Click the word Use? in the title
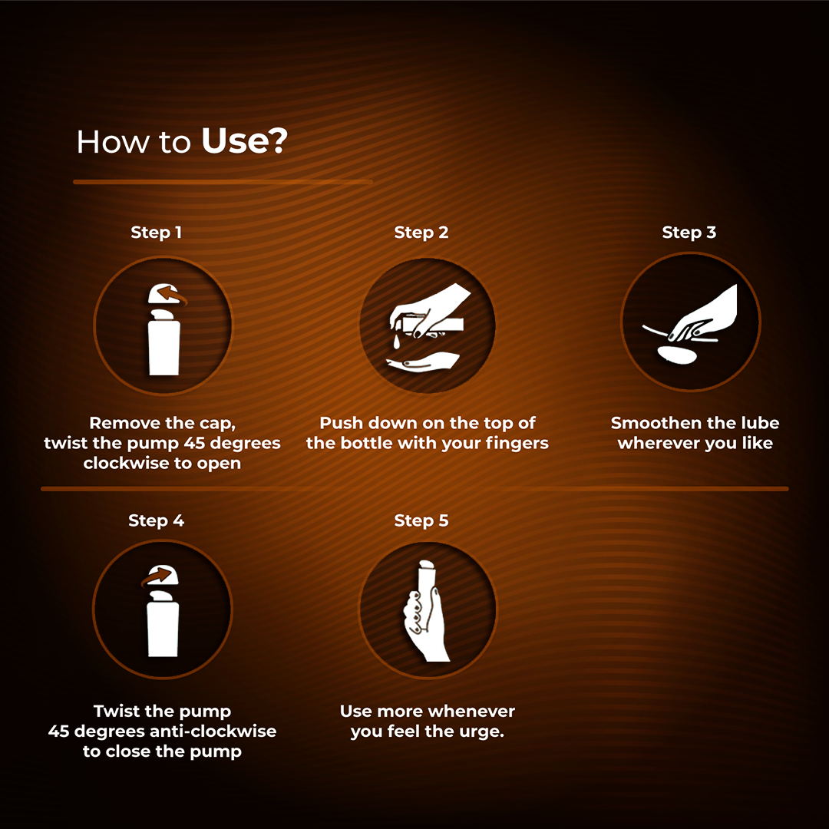244,142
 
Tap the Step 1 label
157,232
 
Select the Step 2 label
421,232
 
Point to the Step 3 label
689,232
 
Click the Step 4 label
157,520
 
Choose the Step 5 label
421,520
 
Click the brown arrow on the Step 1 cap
172,295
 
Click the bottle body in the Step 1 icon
164,349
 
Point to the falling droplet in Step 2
396,341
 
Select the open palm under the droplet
423,362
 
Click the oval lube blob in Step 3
677,355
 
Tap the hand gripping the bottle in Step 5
425,626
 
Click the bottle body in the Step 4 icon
163,631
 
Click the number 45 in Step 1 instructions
194,443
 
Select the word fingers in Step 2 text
517,444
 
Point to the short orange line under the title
223,182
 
